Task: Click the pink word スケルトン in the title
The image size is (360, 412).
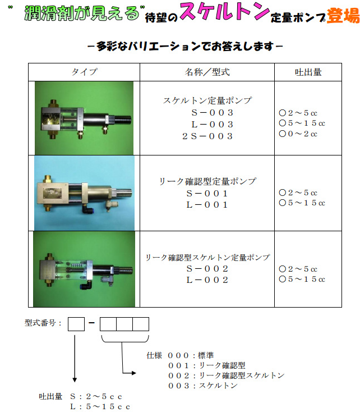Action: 224,11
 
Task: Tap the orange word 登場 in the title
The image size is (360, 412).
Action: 343,16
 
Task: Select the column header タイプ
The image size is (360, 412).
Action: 84,72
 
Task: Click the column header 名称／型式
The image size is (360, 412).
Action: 207,72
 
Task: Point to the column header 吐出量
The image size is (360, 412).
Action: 308,72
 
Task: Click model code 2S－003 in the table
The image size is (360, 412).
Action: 207,136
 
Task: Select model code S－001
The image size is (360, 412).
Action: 207,194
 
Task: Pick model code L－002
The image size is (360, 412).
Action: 207,280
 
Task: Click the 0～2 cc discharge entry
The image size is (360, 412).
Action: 298,134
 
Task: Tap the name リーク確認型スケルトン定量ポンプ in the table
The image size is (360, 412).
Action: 207,257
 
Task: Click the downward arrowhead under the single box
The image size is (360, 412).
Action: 75,379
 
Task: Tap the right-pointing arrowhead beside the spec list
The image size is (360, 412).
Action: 133,373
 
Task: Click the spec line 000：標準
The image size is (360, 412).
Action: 191,355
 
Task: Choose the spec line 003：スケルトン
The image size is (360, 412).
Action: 203,386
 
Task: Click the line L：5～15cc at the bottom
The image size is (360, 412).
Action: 100,406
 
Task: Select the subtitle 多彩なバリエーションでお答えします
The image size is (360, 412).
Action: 185,46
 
